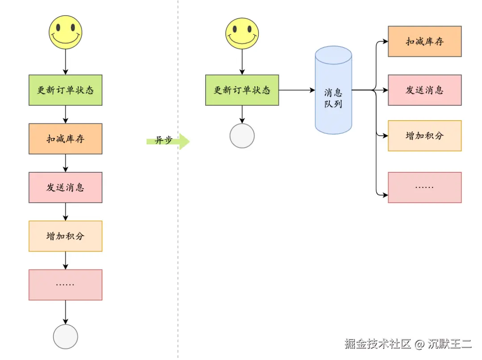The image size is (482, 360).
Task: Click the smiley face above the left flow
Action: [66, 32]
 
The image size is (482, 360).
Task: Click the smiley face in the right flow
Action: [242, 34]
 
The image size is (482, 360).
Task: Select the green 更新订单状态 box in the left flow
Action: [66, 90]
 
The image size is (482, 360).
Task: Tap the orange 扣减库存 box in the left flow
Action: [66, 139]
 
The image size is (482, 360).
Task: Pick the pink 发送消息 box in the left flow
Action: [66, 187]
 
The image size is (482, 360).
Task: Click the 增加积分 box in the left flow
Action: [66, 236]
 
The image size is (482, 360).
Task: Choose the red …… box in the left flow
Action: [66, 285]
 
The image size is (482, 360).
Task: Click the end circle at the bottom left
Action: [66, 336]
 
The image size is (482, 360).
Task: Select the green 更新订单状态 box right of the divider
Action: [242, 90]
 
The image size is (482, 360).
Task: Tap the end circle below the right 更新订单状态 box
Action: [242, 136]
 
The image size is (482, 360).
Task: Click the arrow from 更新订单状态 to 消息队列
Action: [297, 90]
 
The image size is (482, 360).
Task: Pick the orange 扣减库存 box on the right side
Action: [424, 41]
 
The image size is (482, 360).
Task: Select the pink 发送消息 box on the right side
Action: [424, 90]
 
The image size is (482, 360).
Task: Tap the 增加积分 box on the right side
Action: [424, 136]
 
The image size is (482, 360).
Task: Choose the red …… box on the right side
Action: [424, 187]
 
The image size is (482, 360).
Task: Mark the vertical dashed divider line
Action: [178, 223]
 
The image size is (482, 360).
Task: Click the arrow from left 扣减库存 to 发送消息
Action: [66, 163]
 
